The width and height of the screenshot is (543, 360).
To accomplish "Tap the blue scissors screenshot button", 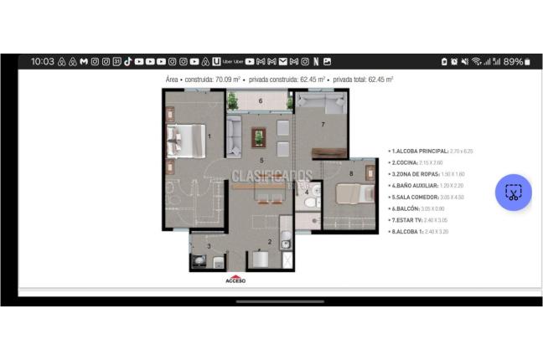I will pyautogui.click(x=513, y=193).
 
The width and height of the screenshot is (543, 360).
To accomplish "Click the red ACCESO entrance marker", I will pyautogui.click(x=235, y=279).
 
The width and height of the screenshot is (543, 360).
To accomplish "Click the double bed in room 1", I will pyautogui.click(x=186, y=140).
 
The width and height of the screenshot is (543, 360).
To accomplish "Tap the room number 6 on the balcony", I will pyautogui.click(x=261, y=101).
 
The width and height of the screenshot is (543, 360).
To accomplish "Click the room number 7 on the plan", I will pyautogui.click(x=323, y=125).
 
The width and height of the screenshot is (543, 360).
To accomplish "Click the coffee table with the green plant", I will pyautogui.click(x=259, y=136).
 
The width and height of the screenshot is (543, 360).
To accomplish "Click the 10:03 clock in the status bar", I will pyautogui.click(x=42, y=61).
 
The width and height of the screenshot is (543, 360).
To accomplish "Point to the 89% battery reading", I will pyautogui.click(x=513, y=61).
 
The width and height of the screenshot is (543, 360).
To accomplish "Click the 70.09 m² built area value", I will pyautogui.click(x=229, y=80).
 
